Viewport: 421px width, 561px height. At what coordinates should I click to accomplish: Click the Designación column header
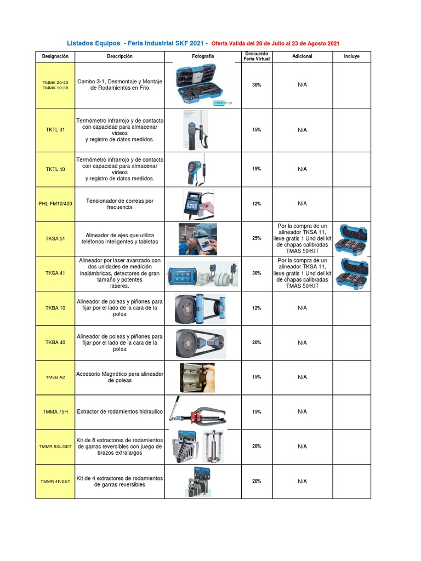click(x=55, y=56)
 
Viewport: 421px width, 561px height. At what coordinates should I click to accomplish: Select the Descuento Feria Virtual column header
click(x=257, y=56)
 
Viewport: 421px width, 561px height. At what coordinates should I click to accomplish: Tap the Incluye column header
click(x=351, y=56)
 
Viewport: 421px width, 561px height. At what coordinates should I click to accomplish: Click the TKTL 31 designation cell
click(x=55, y=130)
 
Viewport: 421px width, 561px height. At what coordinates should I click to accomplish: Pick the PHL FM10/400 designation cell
click(x=55, y=204)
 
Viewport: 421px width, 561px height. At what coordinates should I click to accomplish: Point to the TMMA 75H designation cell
click(x=55, y=411)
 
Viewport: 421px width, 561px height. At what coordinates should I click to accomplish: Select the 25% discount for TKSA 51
click(x=257, y=238)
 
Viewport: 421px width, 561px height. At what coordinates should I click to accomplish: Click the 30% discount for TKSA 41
click(x=257, y=273)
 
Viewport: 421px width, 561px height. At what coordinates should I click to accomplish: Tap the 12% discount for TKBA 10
click(x=257, y=308)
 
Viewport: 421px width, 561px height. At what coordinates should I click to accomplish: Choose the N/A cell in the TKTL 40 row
click(x=302, y=169)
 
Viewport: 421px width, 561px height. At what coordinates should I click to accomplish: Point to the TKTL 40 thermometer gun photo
click(x=199, y=169)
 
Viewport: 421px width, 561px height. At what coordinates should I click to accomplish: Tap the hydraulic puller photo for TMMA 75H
click(x=200, y=412)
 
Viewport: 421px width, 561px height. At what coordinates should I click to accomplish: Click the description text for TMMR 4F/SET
click(x=120, y=481)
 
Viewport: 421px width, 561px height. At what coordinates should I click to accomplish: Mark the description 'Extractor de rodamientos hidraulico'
click(x=120, y=411)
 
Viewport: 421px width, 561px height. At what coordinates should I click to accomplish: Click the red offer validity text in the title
click(x=279, y=43)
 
